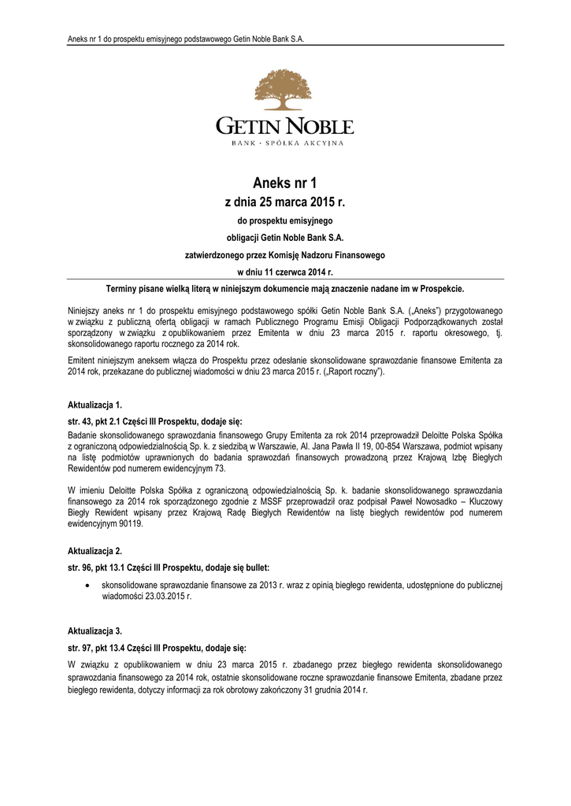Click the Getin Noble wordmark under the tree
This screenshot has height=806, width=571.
click(x=285, y=126)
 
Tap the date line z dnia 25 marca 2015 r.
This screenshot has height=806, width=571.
click(x=285, y=202)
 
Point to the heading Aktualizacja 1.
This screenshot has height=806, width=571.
click(x=95, y=405)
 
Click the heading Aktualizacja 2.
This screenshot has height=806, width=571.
click(x=95, y=552)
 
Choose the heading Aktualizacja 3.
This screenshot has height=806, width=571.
click(x=95, y=631)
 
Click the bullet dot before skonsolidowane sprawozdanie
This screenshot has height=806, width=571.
click(x=87, y=586)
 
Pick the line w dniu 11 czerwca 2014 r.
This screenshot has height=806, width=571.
click(x=285, y=272)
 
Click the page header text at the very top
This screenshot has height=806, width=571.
click(x=186, y=39)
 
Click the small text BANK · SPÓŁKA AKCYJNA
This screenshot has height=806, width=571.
click(x=285, y=143)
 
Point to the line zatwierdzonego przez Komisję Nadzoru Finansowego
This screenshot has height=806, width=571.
click(x=285, y=254)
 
